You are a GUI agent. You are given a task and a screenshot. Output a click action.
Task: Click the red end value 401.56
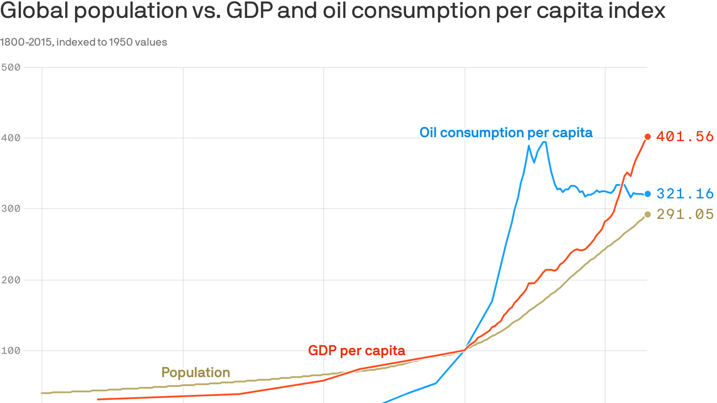coord(684,137)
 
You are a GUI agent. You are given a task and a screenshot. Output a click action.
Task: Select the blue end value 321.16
coord(684,194)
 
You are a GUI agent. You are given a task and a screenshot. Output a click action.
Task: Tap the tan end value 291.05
coord(684,214)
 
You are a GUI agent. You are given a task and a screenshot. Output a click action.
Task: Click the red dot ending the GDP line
coord(647,137)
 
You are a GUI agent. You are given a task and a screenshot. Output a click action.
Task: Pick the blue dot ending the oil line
coord(647,194)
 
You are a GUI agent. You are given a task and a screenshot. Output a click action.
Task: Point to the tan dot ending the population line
coord(647,214)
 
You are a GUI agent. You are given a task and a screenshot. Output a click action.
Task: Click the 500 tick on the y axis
coord(10,67)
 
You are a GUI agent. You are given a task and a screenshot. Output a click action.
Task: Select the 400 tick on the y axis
coord(10,138)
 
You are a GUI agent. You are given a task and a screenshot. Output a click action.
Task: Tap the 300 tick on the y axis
coord(10,209)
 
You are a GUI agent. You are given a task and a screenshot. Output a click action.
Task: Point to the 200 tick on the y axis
coord(10,280)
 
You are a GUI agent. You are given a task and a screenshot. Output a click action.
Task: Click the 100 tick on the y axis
coord(10,351)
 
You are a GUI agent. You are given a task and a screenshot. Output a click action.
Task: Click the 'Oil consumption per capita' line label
coord(505,133)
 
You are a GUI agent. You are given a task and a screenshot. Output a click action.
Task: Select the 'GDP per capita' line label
coord(356,351)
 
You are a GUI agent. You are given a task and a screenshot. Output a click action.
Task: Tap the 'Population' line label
coord(195,373)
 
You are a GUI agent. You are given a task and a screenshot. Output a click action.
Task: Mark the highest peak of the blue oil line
coord(545,142)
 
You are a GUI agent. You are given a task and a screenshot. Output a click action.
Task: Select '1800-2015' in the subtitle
coord(25,42)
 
